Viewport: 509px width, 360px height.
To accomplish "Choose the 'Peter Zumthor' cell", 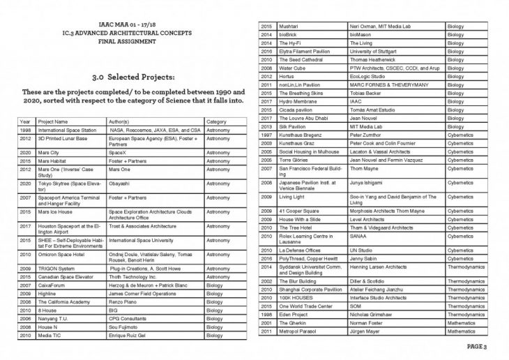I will click(x=368, y=133).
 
